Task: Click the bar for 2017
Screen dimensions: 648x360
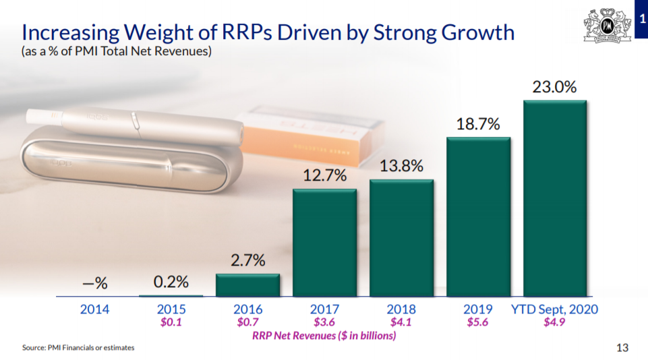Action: pos(324,243)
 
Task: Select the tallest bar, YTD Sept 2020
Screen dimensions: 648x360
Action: pos(554,198)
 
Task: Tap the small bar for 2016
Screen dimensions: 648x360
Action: pos(247,285)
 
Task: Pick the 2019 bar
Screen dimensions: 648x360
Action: pos(478,216)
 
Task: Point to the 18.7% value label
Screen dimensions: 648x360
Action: pos(478,124)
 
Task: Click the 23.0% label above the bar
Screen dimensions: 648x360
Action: pos(554,87)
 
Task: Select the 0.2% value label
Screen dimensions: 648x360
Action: pos(171,282)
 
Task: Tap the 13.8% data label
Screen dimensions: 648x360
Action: pos(401,166)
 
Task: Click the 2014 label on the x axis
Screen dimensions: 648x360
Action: pos(94,309)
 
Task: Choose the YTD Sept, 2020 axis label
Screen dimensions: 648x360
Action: pos(554,309)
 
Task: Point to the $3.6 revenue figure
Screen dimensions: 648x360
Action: pos(324,322)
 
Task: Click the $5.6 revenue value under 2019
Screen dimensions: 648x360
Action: pos(477,322)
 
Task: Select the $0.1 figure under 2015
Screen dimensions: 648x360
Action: pos(171,322)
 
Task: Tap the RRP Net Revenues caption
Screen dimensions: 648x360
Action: pos(324,335)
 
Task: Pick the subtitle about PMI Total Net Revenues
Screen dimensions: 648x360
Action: pos(117,51)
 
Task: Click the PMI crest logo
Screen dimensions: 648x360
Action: pos(607,25)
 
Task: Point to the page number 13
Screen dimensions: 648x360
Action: pos(622,348)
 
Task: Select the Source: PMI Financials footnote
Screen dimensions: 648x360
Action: pos(78,348)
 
